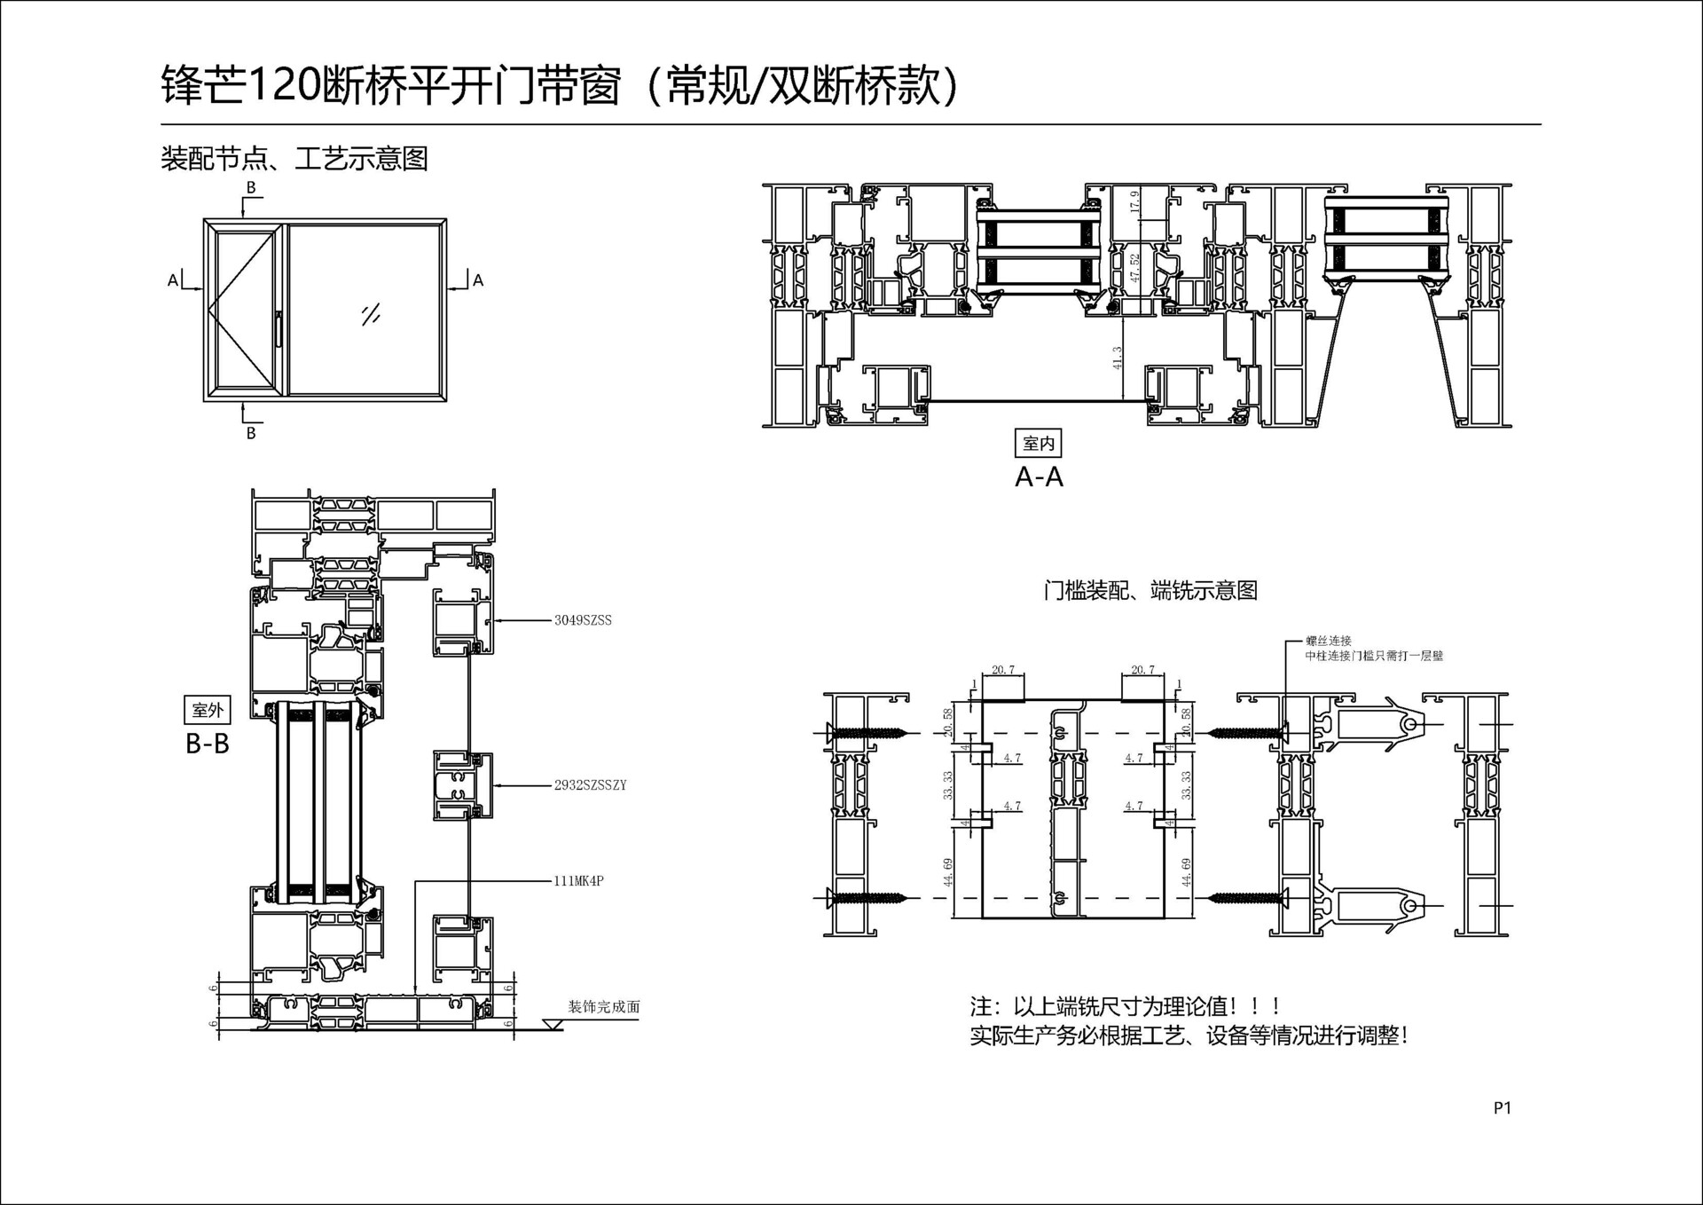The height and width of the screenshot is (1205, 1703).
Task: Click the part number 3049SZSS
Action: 583,620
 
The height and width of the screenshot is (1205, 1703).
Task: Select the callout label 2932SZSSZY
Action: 590,785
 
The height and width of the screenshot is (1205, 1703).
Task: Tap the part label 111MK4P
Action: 578,881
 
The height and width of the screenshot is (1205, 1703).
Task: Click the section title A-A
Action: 1039,477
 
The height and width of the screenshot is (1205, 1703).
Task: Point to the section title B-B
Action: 208,744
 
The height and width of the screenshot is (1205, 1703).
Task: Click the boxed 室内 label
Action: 1038,443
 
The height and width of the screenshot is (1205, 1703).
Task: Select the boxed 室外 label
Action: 208,710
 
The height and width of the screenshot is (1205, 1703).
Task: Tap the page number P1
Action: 1502,1107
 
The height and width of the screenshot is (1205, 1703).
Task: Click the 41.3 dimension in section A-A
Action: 1118,357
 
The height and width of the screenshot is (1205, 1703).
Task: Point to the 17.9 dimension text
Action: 1134,202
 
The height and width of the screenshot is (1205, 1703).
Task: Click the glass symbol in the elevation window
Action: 371,314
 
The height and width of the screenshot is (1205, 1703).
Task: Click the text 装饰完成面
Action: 604,1007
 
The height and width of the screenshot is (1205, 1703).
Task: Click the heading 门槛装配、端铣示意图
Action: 1150,590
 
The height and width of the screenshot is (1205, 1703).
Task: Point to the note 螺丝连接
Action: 1328,641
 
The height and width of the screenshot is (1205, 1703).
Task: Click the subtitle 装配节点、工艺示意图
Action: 294,159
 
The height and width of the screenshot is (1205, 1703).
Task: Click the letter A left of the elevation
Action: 173,280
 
